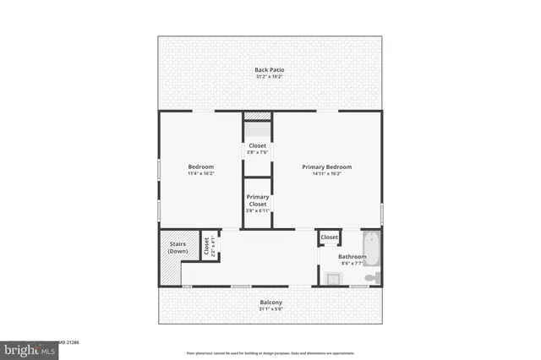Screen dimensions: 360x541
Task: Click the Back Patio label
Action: [x=269, y=69]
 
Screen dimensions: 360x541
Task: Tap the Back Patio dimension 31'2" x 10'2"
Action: [x=269, y=77]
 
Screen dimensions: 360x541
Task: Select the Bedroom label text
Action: [x=200, y=166]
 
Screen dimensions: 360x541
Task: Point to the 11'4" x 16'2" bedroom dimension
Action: [x=200, y=174]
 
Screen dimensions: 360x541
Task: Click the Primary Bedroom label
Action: [x=326, y=166]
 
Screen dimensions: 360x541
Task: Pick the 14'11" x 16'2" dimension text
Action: [x=326, y=174]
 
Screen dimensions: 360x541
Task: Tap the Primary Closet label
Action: [x=258, y=200]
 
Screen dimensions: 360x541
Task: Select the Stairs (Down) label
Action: [x=178, y=248]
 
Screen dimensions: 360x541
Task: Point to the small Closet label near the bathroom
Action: [x=330, y=237]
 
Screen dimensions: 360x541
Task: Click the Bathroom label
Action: [x=352, y=256]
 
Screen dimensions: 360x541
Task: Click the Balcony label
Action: [x=270, y=303]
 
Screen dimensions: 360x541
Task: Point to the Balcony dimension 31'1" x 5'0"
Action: [x=270, y=309]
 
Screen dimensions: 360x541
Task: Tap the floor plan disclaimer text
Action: [x=270, y=352]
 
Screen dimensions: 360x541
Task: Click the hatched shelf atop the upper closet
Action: [x=258, y=116]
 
